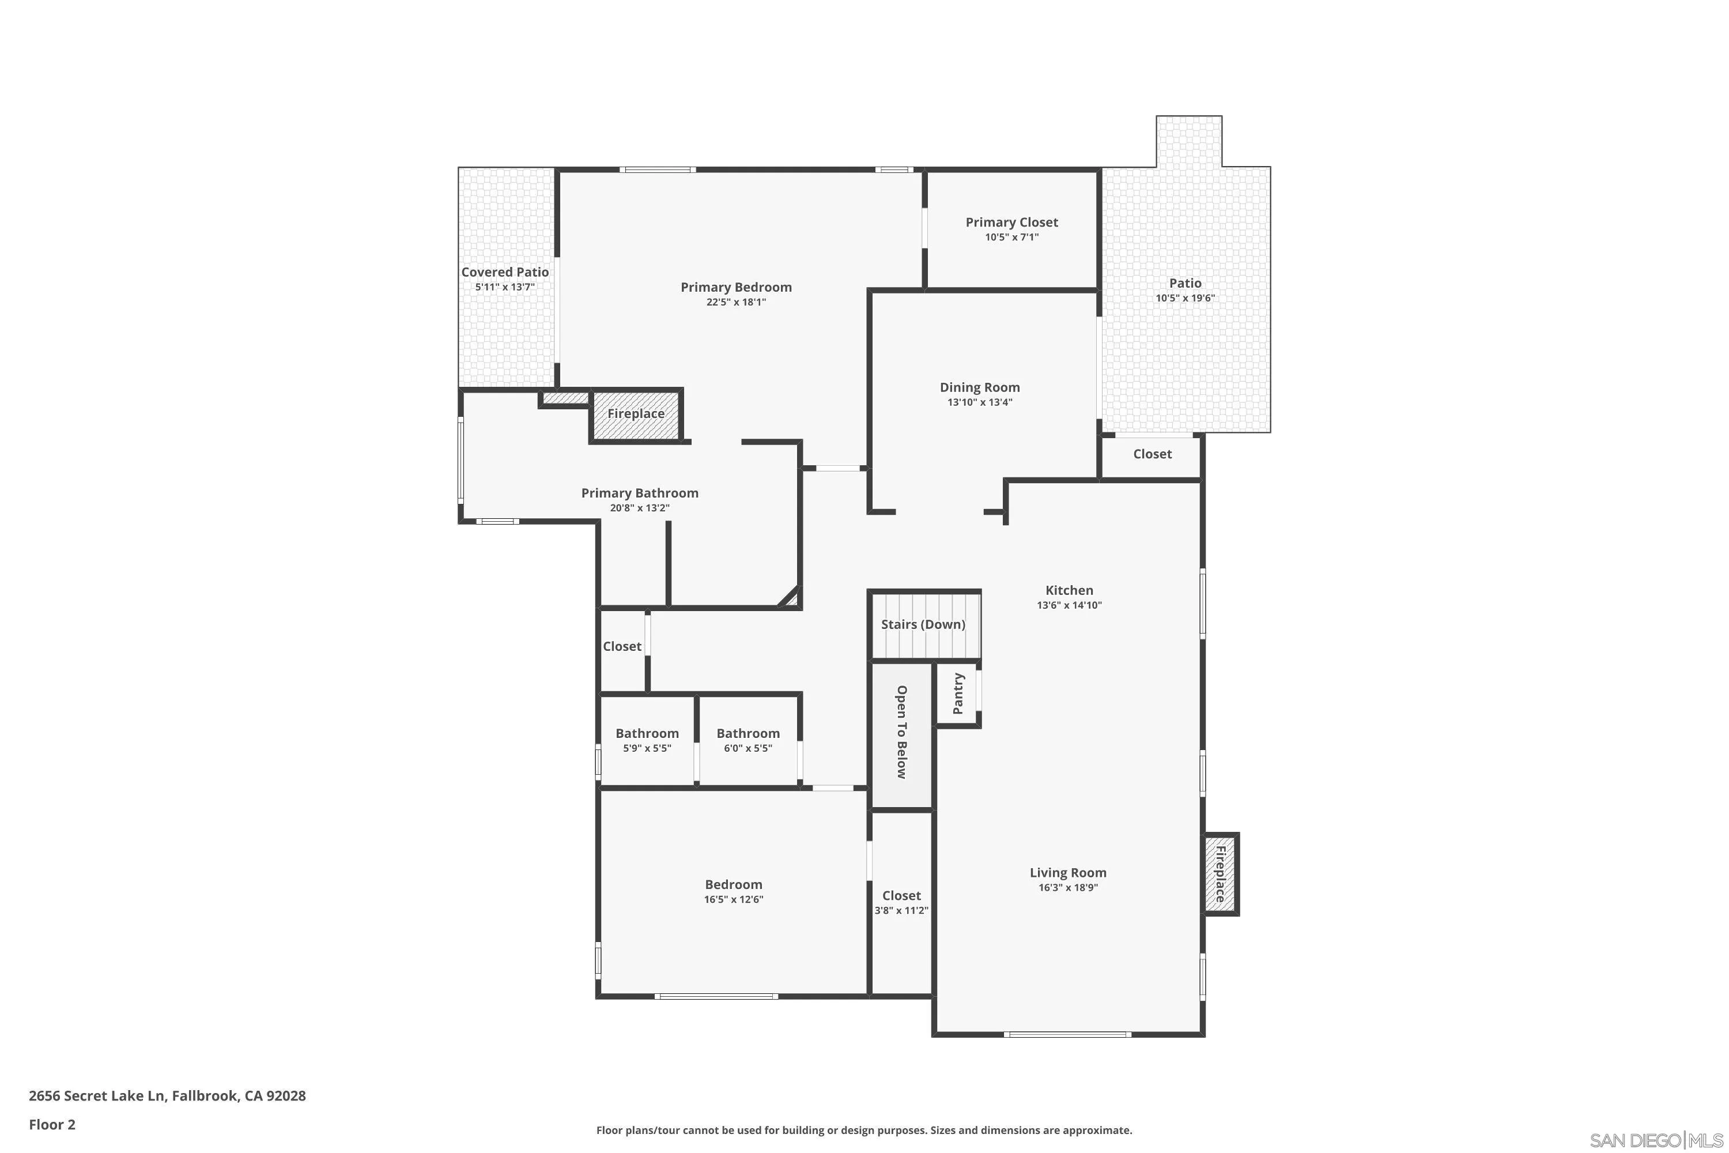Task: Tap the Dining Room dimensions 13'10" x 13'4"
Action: [x=979, y=402]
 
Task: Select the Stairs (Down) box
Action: [x=923, y=624]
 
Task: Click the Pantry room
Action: [x=957, y=694]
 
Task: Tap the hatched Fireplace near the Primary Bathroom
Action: [x=636, y=414]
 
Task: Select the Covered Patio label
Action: [x=505, y=272]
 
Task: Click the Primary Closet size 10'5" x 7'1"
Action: [x=1011, y=238]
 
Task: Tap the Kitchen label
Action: [x=1069, y=590]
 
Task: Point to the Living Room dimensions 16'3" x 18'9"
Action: [x=1067, y=888]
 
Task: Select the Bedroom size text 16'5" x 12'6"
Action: [x=734, y=899]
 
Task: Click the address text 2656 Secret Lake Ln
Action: [x=167, y=1096]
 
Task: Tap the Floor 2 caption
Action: [x=52, y=1124]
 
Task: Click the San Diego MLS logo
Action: [x=1657, y=1140]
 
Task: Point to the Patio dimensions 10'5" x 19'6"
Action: [x=1185, y=299]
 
